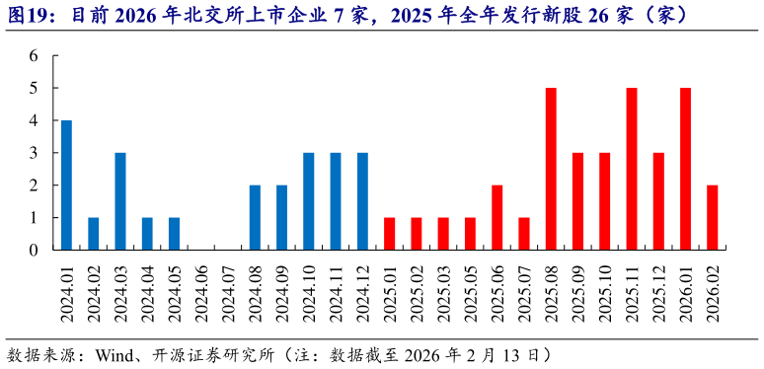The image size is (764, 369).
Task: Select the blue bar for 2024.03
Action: [120, 201]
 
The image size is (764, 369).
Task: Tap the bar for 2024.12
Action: [362, 201]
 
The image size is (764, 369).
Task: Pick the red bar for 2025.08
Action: [551, 169]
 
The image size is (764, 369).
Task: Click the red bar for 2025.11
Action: [632, 169]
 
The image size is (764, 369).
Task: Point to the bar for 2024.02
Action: [94, 234]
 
